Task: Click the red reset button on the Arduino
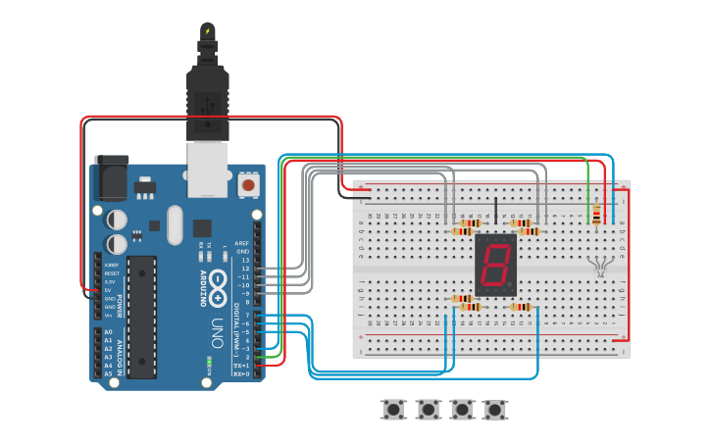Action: pos(249,184)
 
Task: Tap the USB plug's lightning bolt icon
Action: pos(208,31)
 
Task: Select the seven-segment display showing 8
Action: pos(495,264)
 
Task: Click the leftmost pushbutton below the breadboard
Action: pos(395,409)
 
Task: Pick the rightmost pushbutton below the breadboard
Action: pos(495,409)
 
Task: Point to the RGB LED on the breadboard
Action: pos(600,264)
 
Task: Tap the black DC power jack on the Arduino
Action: pos(111,176)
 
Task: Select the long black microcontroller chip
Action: pos(141,316)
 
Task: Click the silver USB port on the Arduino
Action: pos(208,162)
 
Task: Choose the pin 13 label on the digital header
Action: pos(245,260)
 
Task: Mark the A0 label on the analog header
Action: pos(108,332)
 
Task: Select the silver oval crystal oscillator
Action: pos(175,224)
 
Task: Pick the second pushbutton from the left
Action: pos(429,409)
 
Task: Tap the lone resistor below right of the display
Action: pos(521,307)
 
